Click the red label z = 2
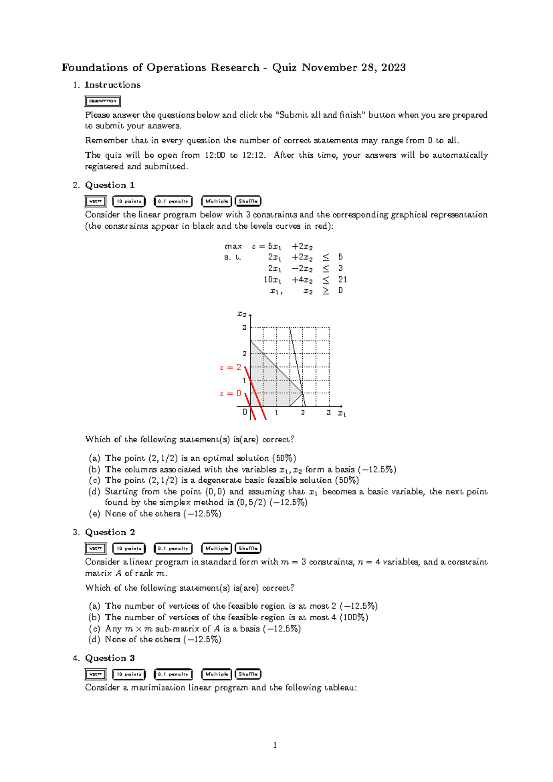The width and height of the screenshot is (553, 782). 230,367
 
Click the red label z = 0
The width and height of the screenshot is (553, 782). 230,393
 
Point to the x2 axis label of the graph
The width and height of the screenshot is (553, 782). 241,314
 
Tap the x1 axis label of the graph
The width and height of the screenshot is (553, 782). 341,414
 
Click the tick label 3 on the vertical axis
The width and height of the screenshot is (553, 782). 245,328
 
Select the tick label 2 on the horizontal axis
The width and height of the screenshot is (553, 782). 303,413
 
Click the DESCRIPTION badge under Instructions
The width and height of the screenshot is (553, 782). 103,101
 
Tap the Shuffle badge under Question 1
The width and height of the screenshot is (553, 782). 248,201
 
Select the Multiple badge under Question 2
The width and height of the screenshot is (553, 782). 217,548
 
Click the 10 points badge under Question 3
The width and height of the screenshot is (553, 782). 129,674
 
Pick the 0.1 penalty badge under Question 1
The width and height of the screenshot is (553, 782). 173,201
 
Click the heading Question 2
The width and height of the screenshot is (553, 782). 110,532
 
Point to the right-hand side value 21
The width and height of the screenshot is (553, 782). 342,279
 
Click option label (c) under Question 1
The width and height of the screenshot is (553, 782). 94,480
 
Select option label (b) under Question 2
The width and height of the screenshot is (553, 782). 94,617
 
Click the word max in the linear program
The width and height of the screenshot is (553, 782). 233,246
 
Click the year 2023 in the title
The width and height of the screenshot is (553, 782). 393,67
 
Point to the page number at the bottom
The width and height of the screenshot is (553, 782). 275,745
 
